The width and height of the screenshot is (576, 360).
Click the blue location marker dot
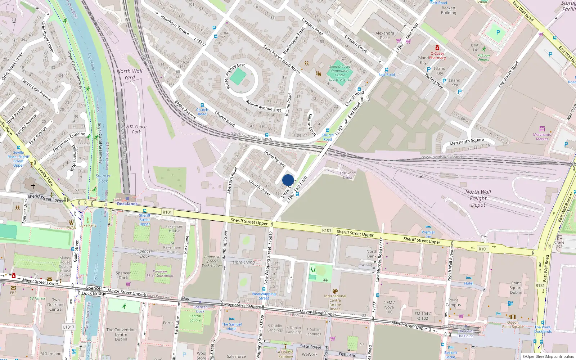(288, 180)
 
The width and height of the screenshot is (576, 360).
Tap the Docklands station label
(127, 204)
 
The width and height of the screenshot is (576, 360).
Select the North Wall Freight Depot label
(478, 198)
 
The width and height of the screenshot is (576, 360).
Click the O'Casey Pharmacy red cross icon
(437, 48)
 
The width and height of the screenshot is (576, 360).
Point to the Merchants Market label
(542, 137)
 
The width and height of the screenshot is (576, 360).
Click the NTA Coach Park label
(136, 129)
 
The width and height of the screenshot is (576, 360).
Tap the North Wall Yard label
(130, 74)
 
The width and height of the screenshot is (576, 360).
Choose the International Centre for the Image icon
(335, 291)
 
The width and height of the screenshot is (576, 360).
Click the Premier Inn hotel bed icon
(428, 227)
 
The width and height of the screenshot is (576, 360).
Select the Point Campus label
(453, 302)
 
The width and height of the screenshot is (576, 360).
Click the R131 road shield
(540, 285)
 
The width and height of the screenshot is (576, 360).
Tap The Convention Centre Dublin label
(121, 334)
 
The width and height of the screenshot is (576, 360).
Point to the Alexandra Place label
(384, 35)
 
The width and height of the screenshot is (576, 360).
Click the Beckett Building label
(448, 10)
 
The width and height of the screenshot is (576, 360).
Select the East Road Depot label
(347, 175)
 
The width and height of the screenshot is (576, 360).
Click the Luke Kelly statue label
(88, 225)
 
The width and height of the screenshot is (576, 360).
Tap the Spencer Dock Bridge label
(94, 291)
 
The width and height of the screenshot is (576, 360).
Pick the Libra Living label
(243, 262)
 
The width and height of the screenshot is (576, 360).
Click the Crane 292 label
(559, 244)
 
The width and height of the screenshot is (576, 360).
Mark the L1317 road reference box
(68, 327)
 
